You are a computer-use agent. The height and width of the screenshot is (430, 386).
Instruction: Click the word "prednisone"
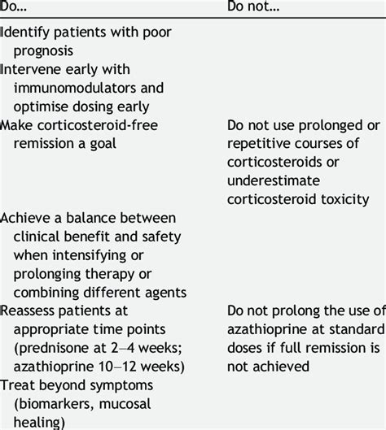(x=55, y=347)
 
